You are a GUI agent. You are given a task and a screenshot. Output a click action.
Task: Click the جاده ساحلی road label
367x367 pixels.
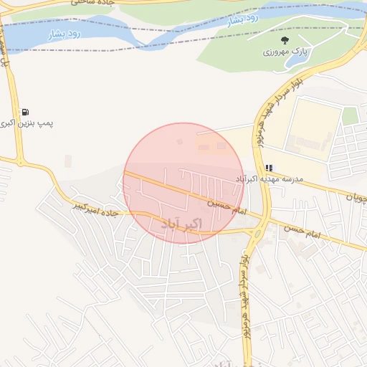[x=91, y=4]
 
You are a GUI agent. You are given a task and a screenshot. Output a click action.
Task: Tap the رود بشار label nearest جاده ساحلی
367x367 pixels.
[x=65, y=33]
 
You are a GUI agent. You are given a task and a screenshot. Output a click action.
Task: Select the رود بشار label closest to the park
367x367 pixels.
[x=244, y=20]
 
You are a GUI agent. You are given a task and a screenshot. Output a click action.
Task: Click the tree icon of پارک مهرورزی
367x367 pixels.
[x=285, y=41]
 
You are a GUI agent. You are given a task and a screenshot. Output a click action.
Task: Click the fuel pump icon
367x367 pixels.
[x=26, y=112]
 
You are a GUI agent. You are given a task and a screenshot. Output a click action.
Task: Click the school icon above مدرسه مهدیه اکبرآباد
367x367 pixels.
[x=270, y=167]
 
